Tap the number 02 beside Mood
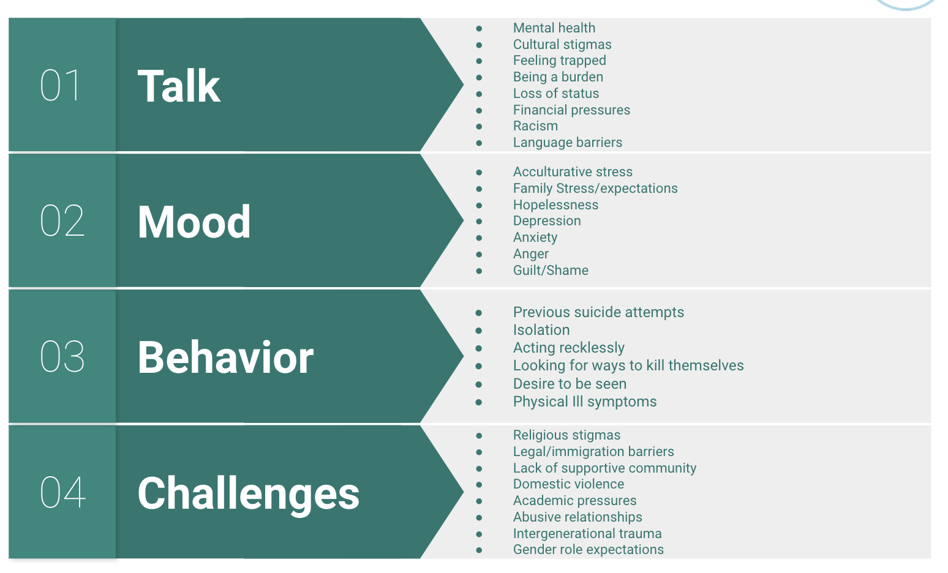click(x=62, y=220)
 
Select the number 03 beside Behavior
click(x=62, y=356)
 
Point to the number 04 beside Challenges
click(x=62, y=492)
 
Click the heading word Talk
click(x=179, y=86)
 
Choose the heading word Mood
click(x=194, y=222)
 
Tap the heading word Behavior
click(x=225, y=357)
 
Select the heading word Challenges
click(x=249, y=494)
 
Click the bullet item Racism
click(x=535, y=126)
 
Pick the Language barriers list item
click(x=568, y=143)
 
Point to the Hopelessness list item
click(x=555, y=205)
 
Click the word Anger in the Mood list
click(x=531, y=254)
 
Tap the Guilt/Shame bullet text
click(x=551, y=271)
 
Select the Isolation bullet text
click(x=541, y=330)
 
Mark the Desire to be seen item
click(x=570, y=384)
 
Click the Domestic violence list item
click(x=568, y=484)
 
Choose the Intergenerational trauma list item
click(x=587, y=534)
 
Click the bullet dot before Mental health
click(x=479, y=28)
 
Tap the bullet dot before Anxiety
click(x=479, y=238)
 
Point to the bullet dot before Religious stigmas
click(x=479, y=435)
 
